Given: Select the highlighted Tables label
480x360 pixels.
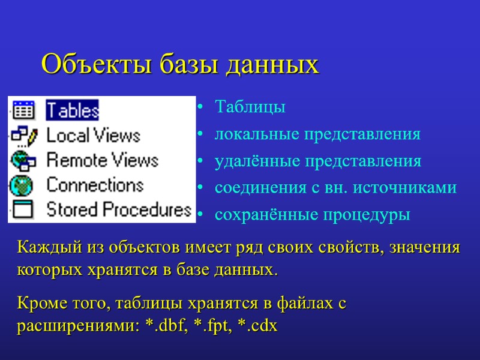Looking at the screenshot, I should (73, 110).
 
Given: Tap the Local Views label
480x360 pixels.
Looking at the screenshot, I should (93, 136).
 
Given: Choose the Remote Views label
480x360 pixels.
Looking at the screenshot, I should (102, 161).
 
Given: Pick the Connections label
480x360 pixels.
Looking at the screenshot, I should (95, 185).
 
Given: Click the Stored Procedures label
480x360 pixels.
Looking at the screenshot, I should (119, 210).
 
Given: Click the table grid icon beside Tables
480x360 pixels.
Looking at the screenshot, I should (24, 110).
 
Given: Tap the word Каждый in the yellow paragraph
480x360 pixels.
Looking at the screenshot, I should (44, 247).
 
